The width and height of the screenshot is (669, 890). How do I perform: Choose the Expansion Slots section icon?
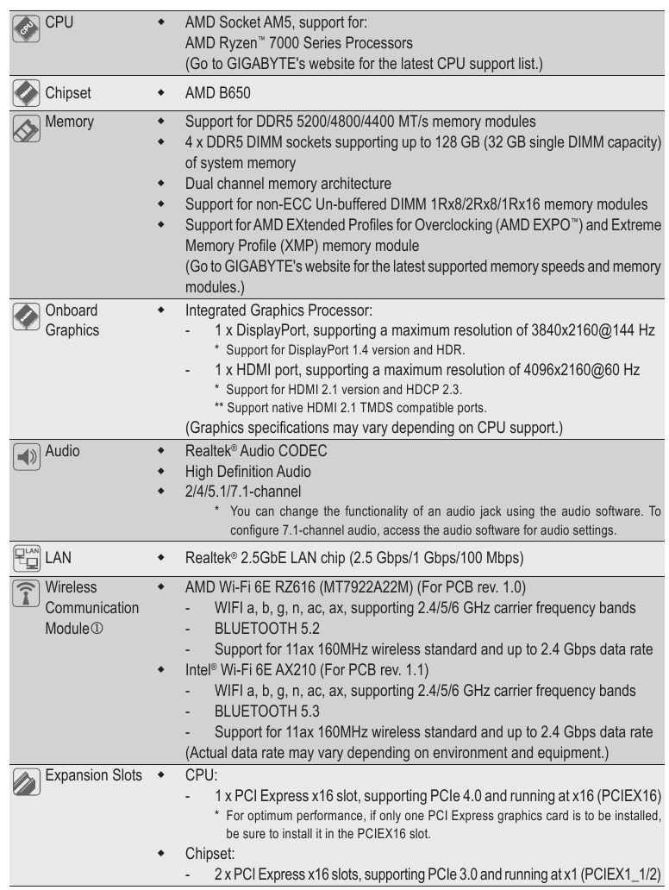coord(24,784)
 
